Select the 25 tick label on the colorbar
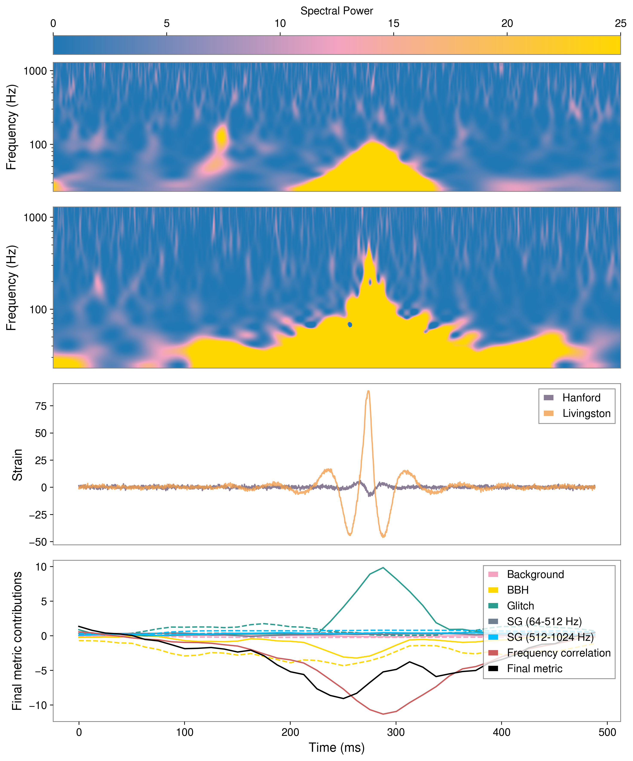pos(620,24)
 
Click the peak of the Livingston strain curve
pos(368,391)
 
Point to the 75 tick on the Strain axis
pos(41,406)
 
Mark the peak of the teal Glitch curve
pos(383,568)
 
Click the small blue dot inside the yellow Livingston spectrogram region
pos(350,324)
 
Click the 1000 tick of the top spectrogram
pos(35,71)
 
